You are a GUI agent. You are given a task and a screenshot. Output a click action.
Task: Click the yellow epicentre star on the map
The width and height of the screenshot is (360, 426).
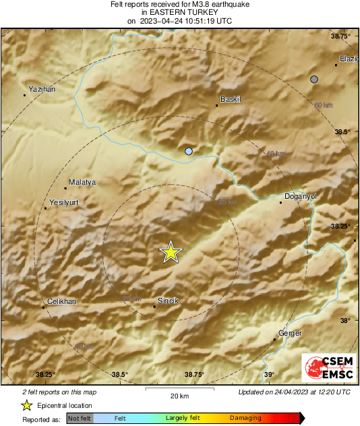(x=171, y=252)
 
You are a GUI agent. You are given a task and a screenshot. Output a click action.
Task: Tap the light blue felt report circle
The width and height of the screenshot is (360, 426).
(x=189, y=151)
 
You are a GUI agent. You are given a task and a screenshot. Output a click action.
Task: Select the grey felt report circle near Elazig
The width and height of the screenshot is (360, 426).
(x=313, y=80)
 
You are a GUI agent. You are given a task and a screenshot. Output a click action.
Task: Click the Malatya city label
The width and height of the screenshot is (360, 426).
(x=82, y=182)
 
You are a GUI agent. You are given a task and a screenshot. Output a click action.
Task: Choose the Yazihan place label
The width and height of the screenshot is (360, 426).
(x=42, y=89)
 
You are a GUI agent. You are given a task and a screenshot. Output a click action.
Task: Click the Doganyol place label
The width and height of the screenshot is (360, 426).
(x=298, y=196)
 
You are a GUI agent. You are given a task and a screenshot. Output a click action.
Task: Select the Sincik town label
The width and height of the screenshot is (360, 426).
(x=168, y=300)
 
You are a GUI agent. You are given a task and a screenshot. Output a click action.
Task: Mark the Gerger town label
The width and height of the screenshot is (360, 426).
(x=290, y=334)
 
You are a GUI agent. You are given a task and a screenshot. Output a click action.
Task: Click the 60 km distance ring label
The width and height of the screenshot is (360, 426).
(x=324, y=105)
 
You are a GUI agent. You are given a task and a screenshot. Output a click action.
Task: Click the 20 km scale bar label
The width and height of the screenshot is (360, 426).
(x=179, y=395)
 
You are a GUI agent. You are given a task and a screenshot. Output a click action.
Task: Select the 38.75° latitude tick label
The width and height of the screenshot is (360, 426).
(x=344, y=36)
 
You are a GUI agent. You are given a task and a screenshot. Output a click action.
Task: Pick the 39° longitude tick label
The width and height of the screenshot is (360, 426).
(x=268, y=375)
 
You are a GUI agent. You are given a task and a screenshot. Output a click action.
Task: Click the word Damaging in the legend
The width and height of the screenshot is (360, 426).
(x=245, y=418)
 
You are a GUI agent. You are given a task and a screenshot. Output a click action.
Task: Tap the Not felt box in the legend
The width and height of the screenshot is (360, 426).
(x=80, y=418)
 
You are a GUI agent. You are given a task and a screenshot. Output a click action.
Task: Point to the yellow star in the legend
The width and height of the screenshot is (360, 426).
(x=26, y=405)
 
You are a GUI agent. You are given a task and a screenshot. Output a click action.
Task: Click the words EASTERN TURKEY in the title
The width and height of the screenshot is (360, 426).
(x=179, y=12)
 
